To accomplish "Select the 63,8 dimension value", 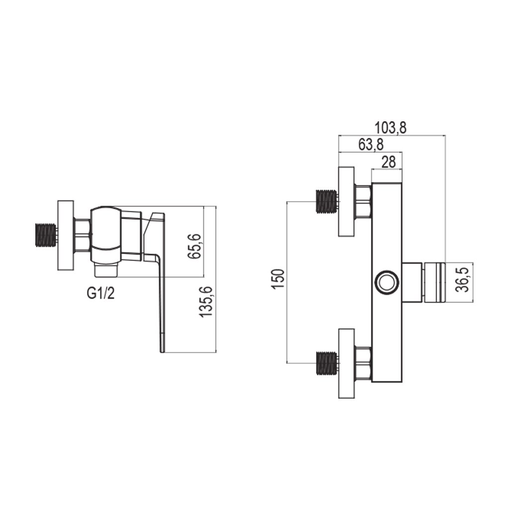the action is [x=370, y=145].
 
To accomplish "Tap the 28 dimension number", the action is [x=388, y=162].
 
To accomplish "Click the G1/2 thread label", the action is [x=101, y=293].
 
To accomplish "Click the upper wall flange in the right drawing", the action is [x=346, y=201].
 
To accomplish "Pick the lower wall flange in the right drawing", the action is [x=346, y=363].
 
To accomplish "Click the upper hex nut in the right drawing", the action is [x=363, y=201].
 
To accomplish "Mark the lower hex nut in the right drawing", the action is [x=363, y=363].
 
